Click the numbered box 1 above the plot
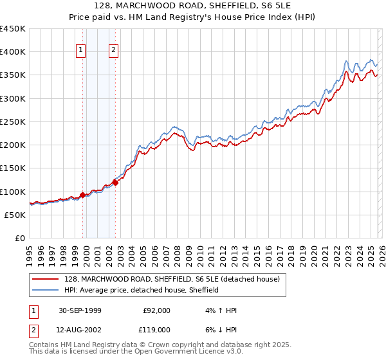81,51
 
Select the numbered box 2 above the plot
114,51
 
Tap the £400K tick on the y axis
13,52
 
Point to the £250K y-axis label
13,122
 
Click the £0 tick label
20,238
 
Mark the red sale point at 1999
83,195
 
